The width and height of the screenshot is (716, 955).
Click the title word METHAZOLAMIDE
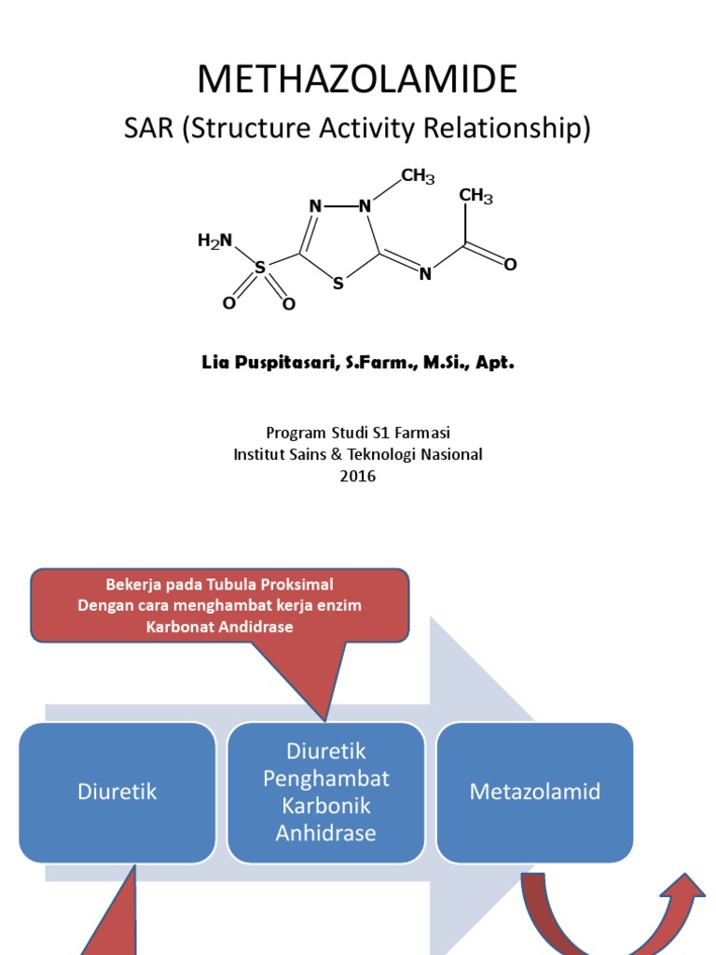coord(357,80)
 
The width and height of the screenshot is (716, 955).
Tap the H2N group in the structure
coord(214,242)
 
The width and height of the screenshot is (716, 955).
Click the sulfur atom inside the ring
coord(338,284)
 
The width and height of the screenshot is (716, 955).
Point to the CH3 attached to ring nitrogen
coord(418,175)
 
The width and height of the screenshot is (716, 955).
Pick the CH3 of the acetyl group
coord(475,196)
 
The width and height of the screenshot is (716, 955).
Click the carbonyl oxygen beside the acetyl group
coord(510,265)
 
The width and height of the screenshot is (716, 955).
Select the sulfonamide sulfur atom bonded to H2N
coord(260,268)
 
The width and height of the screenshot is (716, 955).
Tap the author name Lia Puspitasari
coord(280,362)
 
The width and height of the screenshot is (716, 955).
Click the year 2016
coord(358,476)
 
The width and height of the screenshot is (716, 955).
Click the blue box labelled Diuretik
coord(117,793)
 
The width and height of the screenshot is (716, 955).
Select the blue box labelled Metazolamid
coord(535,793)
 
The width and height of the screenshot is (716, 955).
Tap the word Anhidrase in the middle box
coord(326,833)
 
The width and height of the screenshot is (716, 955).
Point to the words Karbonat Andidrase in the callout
coord(220,627)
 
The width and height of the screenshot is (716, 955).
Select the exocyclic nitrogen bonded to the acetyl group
coord(425,274)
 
